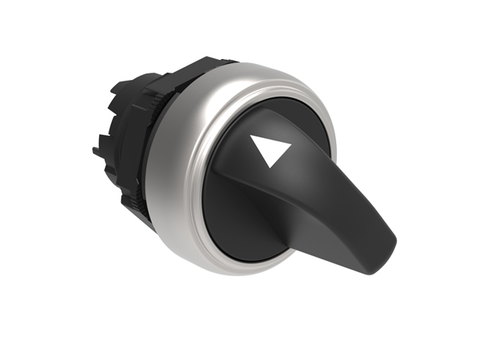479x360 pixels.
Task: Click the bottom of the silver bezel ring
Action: (x=239, y=267)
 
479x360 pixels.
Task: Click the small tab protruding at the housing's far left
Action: (x=97, y=147)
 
